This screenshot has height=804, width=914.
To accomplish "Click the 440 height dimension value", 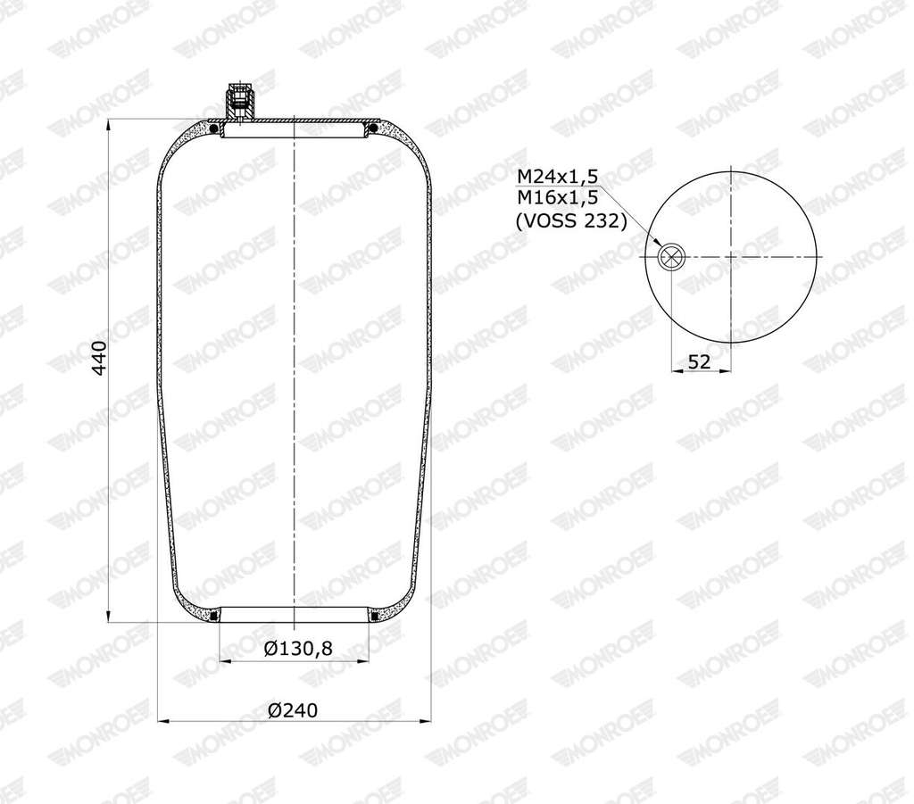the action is (100, 358).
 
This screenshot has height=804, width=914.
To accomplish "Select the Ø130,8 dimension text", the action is (298, 647).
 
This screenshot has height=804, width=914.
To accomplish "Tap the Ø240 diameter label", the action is (293, 710).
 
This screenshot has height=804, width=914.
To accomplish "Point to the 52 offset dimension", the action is (700, 361).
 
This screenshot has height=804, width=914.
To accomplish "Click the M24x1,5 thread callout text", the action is (558, 176).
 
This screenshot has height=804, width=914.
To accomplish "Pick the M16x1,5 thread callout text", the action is (558, 198).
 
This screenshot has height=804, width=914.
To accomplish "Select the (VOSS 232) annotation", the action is (571, 221).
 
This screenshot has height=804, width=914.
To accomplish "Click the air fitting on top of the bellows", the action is (239, 101).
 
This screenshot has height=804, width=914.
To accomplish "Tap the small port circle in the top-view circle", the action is (671, 256).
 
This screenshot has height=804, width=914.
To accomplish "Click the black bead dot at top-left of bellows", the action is (214, 128).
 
